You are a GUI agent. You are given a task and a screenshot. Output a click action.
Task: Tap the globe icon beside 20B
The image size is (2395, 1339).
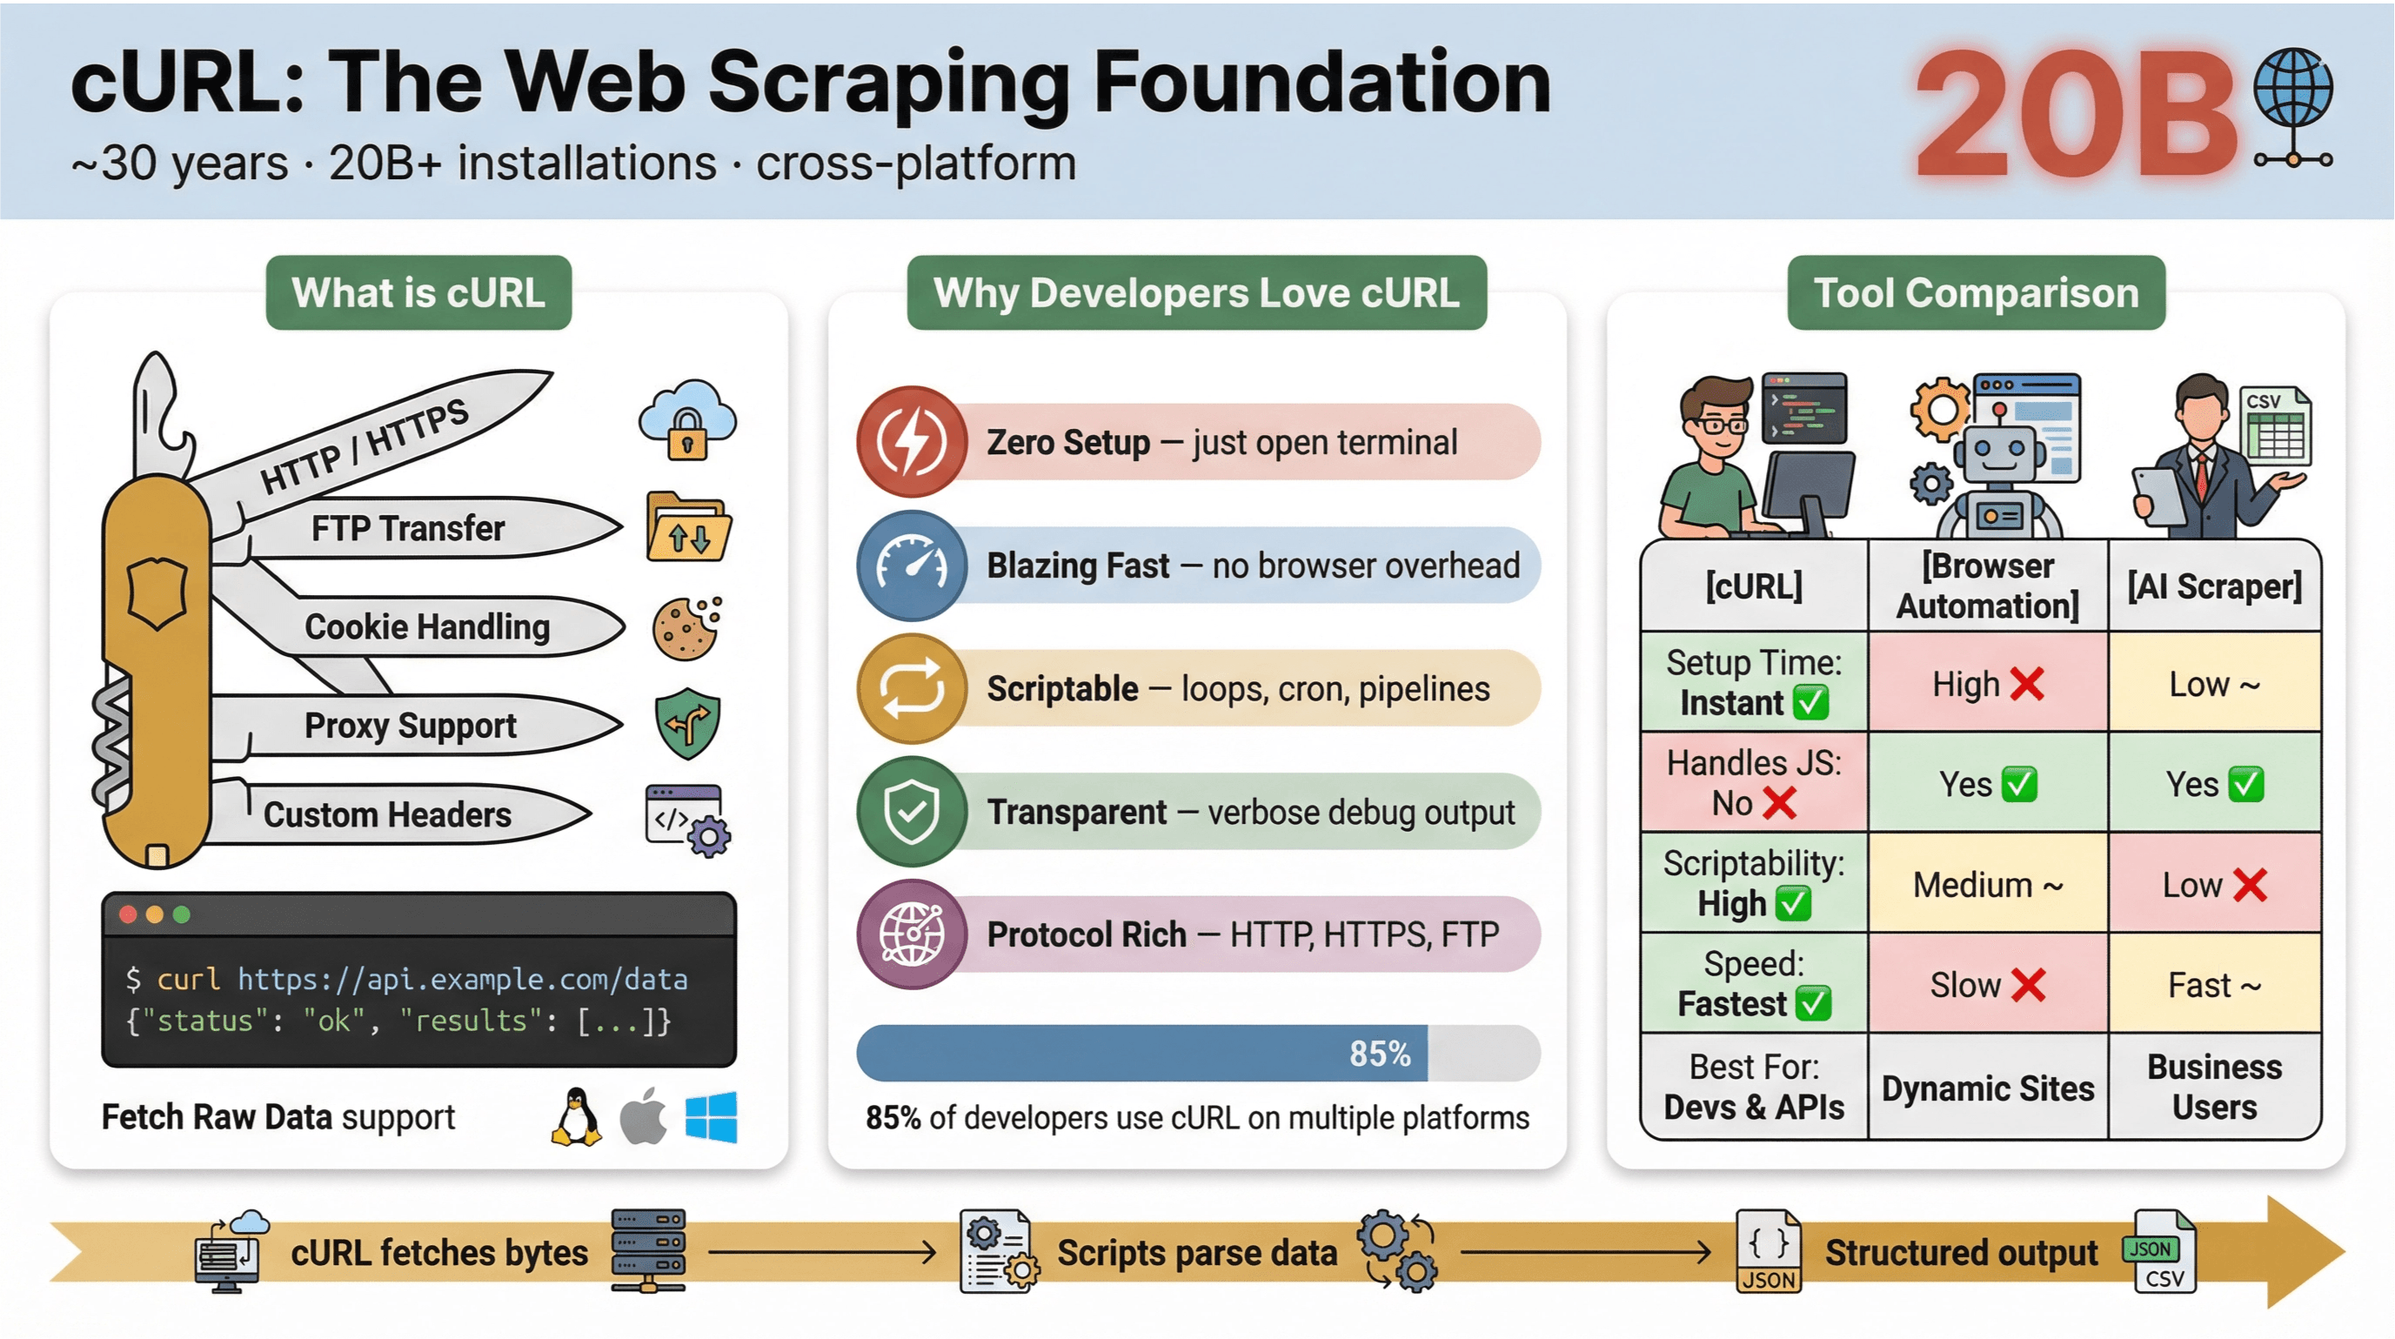2292,90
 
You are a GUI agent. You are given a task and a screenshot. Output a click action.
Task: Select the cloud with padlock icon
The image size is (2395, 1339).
687,420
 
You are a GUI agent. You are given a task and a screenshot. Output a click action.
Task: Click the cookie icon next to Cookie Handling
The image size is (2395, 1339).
687,628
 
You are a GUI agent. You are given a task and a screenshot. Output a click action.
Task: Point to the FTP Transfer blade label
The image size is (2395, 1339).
407,528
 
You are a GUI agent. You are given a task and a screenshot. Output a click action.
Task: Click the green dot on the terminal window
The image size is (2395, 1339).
182,915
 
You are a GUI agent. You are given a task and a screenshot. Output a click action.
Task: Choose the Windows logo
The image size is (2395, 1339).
712,1117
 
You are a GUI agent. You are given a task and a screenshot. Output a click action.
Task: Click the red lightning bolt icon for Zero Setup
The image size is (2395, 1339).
912,442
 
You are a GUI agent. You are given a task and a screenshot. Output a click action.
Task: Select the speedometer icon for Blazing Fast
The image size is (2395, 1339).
912,566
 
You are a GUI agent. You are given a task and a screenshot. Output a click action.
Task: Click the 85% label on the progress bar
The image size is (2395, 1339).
1380,1054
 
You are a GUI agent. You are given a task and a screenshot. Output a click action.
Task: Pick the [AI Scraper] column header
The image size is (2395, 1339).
2215,586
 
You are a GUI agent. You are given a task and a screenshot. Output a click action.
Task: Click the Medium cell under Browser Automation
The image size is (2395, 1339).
1988,885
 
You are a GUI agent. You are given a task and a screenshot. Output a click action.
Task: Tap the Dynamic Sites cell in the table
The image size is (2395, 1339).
1988,1088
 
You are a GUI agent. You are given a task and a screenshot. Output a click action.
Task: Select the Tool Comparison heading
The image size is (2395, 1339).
1976,293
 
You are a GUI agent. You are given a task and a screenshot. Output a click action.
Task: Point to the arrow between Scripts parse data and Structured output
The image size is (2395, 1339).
1584,1253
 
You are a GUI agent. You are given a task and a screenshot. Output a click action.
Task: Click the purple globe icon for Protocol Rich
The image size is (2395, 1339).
912,934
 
